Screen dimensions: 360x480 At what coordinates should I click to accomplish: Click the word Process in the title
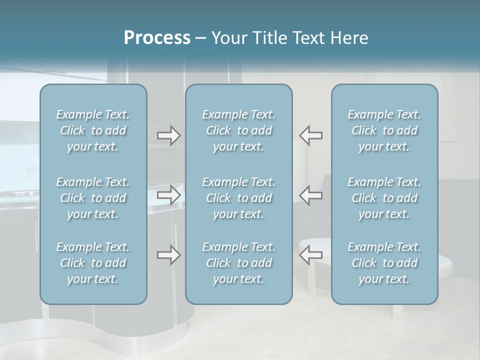point(157,38)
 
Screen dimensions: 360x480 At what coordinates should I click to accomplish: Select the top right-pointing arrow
point(169,135)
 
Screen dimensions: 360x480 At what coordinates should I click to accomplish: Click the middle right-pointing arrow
point(169,195)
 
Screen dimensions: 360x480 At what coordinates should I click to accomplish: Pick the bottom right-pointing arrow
point(169,255)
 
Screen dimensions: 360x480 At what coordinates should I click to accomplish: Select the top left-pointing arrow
point(310,135)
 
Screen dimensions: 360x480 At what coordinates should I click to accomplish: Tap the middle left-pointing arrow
point(310,195)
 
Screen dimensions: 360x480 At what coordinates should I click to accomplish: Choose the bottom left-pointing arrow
point(310,255)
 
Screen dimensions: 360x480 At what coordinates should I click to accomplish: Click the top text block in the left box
point(93,130)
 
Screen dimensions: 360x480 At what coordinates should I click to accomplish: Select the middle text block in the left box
point(93,198)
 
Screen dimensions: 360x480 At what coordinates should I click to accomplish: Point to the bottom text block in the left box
point(93,263)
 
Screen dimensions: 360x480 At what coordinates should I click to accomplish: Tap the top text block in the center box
point(239,130)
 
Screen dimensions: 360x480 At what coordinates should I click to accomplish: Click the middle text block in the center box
point(239,198)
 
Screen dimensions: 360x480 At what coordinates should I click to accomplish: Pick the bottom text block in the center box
point(239,263)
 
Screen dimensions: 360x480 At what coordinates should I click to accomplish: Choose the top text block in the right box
point(384,130)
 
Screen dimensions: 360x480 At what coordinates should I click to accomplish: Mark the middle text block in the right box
point(384,198)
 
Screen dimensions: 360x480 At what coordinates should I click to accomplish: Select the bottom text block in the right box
point(384,263)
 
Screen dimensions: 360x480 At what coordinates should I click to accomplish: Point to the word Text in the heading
point(310,38)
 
